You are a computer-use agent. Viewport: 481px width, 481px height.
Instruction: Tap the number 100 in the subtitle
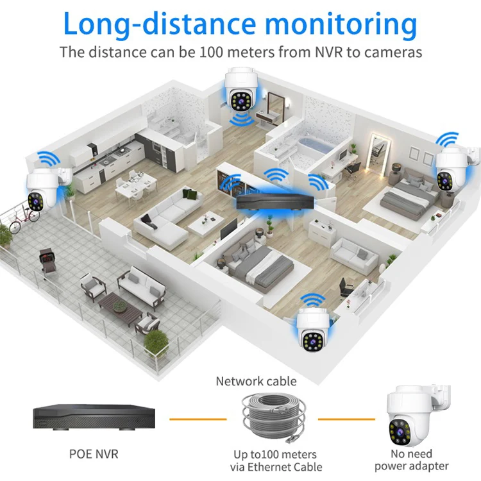click(x=209, y=52)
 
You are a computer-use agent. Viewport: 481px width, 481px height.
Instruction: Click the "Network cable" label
click(x=256, y=382)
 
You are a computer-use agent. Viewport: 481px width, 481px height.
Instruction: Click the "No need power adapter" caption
click(x=412, y=460)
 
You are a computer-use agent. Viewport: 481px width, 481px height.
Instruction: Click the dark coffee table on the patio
click(x=120, y=306)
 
